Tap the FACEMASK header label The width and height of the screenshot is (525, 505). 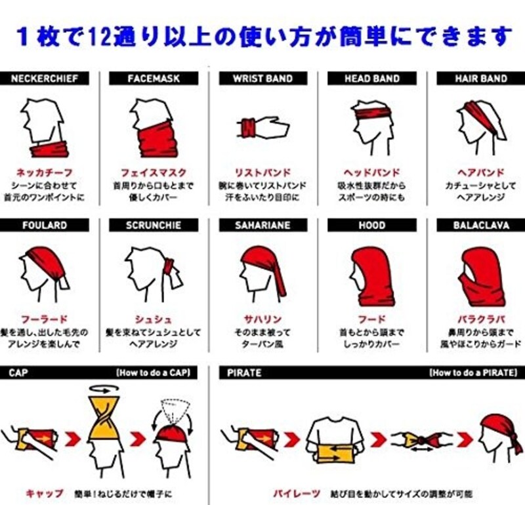[x=154, y=78]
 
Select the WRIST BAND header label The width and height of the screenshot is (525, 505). [x=262, y=78]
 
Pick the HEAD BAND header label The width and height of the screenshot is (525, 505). [x=371, y=78]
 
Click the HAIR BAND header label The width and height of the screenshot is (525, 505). [x=481, y=78]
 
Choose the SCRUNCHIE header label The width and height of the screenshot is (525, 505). [x=154, y=225]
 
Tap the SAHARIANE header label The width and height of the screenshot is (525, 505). [x=262, y=225]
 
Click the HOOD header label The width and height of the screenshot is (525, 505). [x=371, y=225]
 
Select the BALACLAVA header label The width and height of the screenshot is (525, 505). [x=481, y=225]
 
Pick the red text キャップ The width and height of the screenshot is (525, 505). [x=44, y=493]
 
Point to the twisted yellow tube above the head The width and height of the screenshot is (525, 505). [x=107, y=411]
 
